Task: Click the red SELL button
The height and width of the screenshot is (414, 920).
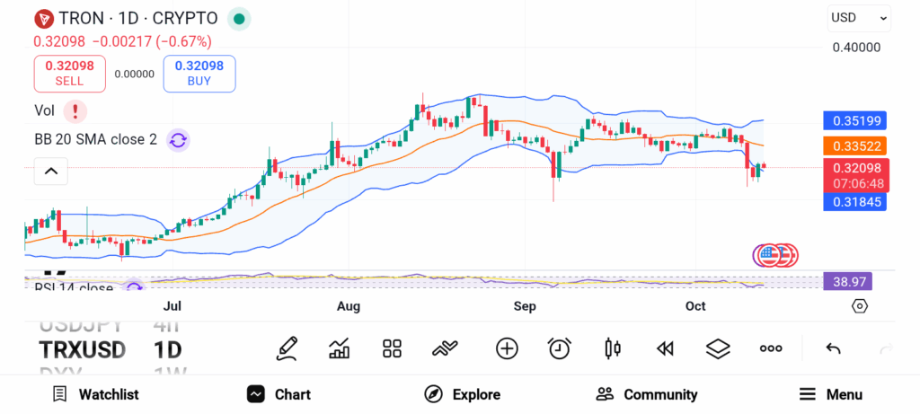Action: click(69, 74)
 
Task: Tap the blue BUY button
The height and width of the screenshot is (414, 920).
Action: click(199, 74)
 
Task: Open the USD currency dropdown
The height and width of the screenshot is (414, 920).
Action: click(859, 18)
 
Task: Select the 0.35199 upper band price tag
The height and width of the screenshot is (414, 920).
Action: click(855, 120)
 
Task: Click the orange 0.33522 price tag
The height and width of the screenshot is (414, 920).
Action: click(855, 145)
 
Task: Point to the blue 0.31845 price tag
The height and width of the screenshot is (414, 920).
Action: click(855, 202)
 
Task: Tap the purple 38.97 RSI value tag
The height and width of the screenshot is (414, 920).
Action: click(848, 282)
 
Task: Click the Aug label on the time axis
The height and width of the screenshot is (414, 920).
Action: click(349, 307)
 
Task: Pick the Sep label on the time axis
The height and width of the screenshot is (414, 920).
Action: click(525, 307)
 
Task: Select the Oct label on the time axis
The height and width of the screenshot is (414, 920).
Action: click(695, 307)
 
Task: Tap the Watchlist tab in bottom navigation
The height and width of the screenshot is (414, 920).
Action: click(95, 394)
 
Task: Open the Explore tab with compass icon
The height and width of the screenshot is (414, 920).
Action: click(462, 394)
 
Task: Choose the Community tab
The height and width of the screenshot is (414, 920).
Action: click(647, 394)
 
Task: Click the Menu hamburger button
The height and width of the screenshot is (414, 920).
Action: click(830, 394)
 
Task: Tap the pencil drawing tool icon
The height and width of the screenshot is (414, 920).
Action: click(287, 348)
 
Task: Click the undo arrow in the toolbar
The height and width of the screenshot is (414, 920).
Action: click(833, 348)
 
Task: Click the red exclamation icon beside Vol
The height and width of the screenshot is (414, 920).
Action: click(75, 111)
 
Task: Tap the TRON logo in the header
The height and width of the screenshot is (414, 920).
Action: click(43, 18)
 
